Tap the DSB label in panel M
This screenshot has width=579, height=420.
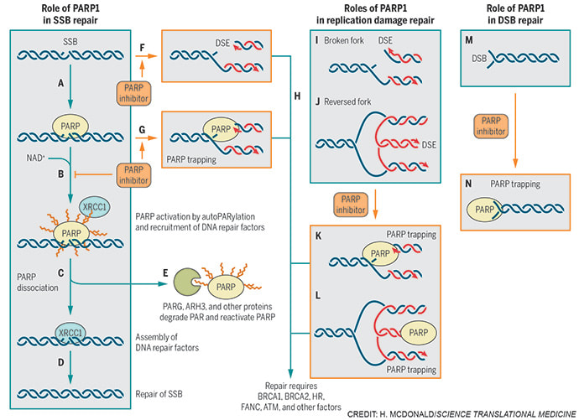click(x=478, y=59)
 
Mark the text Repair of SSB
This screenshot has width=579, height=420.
click(x=160, y=390)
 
